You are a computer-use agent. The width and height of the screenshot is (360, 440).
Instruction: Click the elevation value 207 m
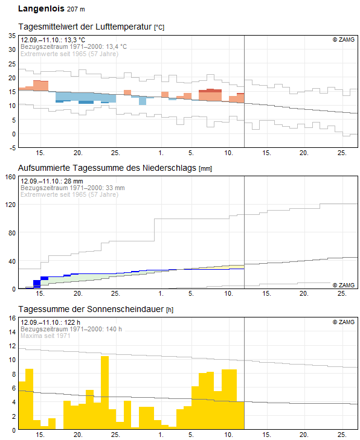tap(76, 9)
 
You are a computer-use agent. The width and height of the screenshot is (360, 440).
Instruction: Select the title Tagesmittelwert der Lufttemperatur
tap(85, 27)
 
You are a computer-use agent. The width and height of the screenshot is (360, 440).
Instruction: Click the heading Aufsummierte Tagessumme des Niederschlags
tap(107, 168)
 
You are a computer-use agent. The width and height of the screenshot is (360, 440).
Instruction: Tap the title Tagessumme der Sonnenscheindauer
tap(91, 309)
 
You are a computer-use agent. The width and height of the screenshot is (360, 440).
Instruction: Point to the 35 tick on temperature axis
tap(12, 36)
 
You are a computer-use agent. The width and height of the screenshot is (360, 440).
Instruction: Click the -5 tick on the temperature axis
tap(12, 148)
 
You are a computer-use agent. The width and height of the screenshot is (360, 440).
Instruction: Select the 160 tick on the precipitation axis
tap(11, 177)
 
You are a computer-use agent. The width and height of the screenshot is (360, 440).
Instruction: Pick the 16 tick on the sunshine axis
tap(12, 318)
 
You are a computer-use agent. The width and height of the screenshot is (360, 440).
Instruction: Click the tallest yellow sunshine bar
tap(104, 392)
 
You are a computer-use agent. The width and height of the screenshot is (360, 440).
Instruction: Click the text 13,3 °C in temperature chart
tap(74, 40)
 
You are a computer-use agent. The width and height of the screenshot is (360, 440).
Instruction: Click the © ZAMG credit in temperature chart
tap(344, 40)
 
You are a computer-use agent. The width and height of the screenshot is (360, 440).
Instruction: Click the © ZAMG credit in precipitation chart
tap(344, 285)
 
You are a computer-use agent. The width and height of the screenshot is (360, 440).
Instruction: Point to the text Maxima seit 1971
tap(45, 336)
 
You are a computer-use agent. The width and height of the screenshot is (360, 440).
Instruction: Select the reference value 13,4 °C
tap(116, 46)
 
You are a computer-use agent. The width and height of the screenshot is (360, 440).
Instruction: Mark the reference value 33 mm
tap(115, 188)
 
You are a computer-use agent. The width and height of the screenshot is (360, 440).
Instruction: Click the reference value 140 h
tap(114, 329)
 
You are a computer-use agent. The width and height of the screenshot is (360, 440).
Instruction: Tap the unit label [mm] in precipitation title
tap(205, 168)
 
